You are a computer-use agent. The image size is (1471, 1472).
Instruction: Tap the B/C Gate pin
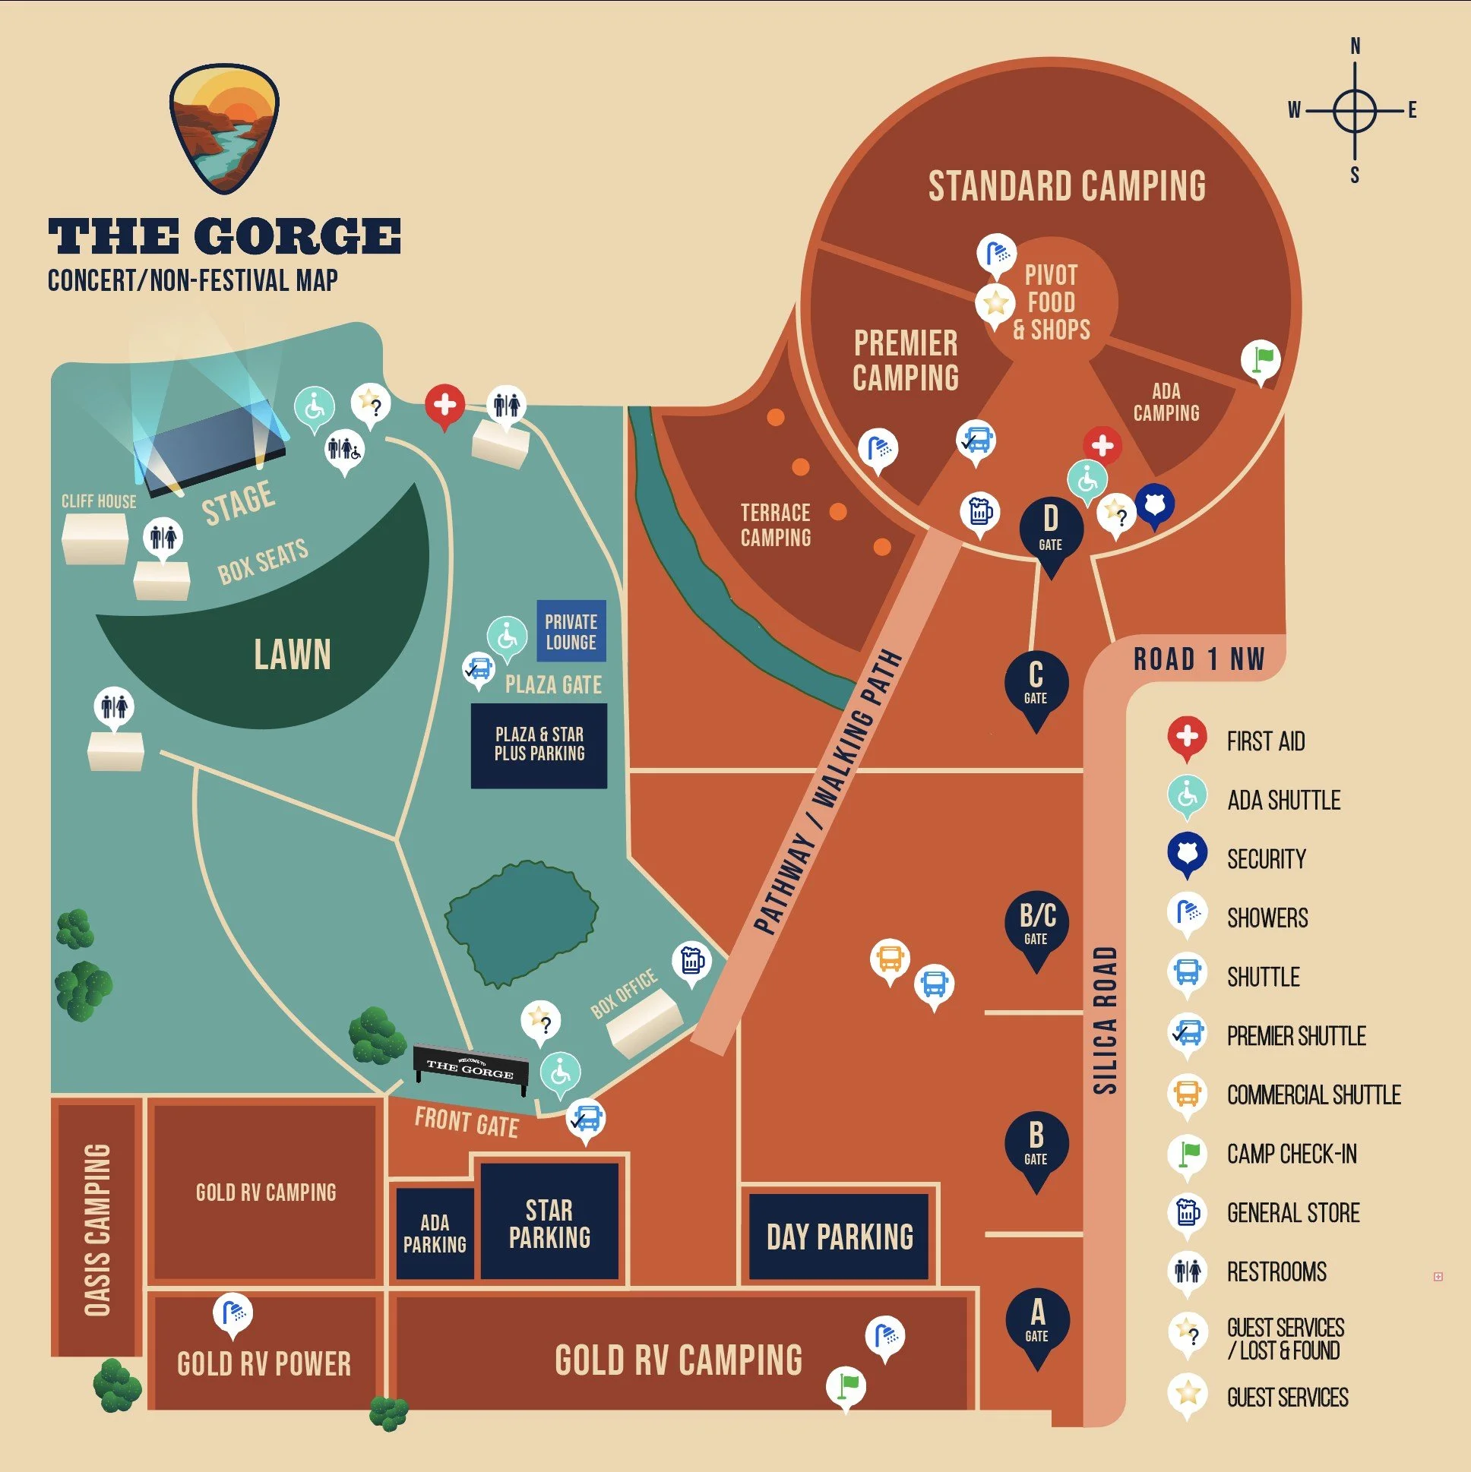coord(1036,924)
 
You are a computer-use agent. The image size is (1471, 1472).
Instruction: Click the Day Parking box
coord(839,1237)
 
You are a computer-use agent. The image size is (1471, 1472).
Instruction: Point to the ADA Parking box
coord(435,1234)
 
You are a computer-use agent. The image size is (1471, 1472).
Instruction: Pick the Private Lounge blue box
coord(571,632)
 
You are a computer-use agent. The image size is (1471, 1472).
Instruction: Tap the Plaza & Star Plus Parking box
coord(539,744)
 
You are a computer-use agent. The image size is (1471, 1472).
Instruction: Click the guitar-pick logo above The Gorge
coord(224,128)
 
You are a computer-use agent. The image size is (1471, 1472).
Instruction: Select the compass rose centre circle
coord(1355,110)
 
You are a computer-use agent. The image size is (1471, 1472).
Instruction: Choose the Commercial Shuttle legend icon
coord(1187,1093)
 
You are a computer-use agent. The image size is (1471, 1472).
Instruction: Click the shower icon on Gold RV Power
coord(233,1312)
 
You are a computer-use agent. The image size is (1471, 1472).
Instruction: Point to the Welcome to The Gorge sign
coord(470,1066)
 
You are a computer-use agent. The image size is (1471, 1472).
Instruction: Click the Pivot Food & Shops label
coord(1051,302)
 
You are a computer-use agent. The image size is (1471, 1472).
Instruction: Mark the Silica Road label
coord(1106,1020)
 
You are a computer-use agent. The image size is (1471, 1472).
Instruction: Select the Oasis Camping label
coord(96,1230)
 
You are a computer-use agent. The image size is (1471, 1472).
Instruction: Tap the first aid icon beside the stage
coord(445,405)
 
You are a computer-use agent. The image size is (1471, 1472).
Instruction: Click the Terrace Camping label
coord(775,525)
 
